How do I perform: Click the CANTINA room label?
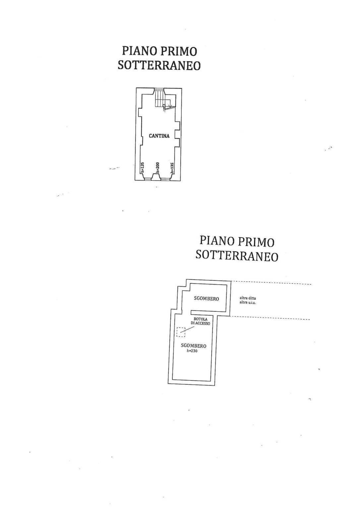click(159, 136)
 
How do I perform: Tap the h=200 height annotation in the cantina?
click(157, 167)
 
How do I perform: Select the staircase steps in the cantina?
click(159, 98)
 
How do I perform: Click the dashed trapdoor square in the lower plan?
click(181, 331)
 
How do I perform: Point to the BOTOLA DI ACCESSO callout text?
click(200, 321)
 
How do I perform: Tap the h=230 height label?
click(192, 351)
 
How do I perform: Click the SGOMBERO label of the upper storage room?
click(206, 299)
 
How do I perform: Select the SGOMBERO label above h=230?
click(194, 346)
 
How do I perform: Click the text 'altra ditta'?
click(248, 298)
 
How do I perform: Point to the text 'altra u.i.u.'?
click(248, 303)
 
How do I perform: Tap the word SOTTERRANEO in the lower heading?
click(237, 256)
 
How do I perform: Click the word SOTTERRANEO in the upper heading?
click(159, 66)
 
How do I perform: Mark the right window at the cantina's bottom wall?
click(165, 179)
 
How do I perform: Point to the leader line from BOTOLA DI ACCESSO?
click(188, 329)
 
